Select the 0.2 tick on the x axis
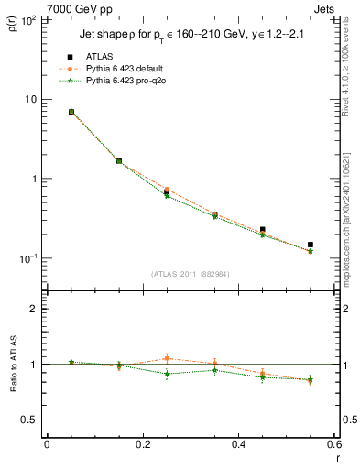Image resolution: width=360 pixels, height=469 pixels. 143,445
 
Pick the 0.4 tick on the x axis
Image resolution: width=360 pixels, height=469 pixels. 239,445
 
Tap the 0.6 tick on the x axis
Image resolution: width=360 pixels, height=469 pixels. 334,445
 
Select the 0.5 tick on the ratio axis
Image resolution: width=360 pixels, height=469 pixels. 31,420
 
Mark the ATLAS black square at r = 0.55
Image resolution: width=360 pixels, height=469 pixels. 311,245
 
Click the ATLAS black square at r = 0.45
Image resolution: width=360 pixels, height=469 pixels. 263,230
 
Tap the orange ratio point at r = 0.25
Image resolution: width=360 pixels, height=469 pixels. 167,358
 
